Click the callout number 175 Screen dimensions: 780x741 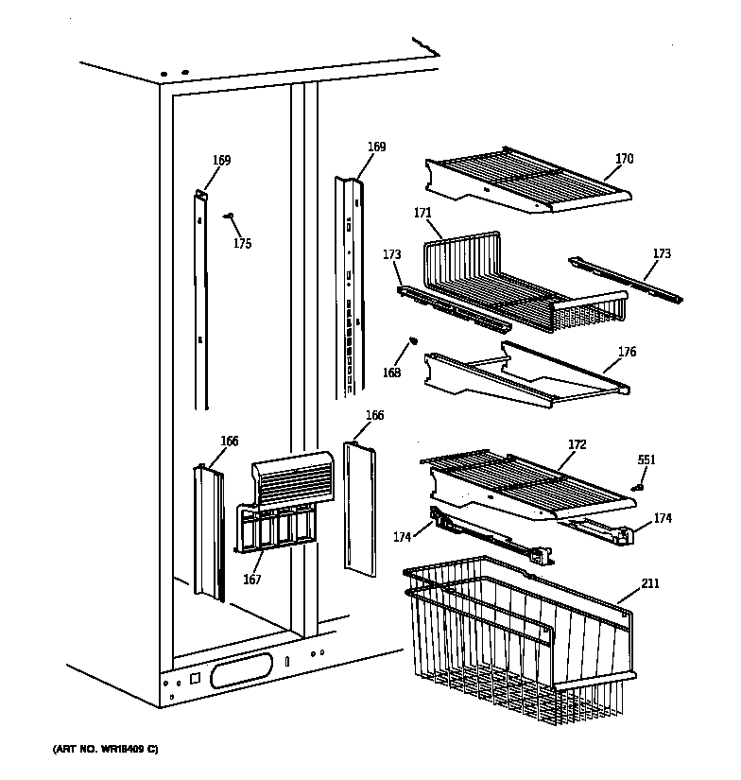click(x=242, y=244)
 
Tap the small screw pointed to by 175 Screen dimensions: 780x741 click(x=228, y=217)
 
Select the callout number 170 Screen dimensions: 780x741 click(x=624, y=159)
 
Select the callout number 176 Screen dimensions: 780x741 click(x=627, y=353)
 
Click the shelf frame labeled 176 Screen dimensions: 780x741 click(x=520, y=378)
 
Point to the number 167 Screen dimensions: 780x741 click(x=252, y=580)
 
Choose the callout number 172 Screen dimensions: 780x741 click(x=577, y=443)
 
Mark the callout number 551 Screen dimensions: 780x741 click(x=646, y=460)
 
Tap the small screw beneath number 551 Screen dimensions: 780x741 click(x=637, y=488)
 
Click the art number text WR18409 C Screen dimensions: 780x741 click(x=105, y=749)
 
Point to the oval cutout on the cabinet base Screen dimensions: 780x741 click(x=245, y=672)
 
